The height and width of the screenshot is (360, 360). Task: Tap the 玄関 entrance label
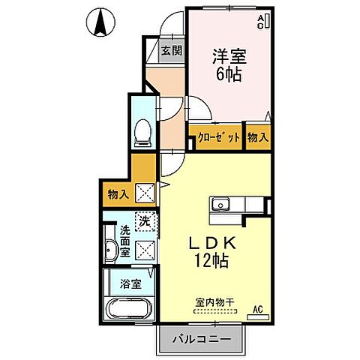172,51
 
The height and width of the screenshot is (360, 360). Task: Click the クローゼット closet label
220,137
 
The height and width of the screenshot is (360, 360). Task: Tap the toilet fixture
142,133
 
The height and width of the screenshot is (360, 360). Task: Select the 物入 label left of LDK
118,194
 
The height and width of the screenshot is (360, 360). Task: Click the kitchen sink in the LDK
222,205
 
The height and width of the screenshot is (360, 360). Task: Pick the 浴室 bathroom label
130,284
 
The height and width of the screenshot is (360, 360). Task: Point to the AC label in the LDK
257,308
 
